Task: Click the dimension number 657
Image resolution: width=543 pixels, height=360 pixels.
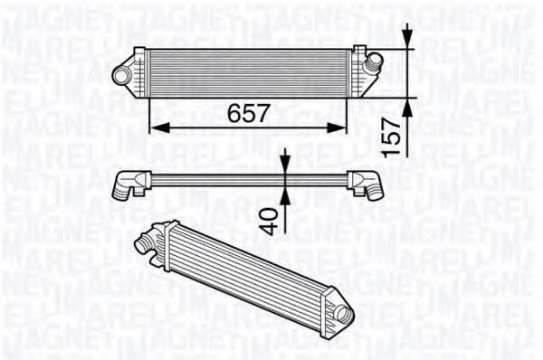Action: (x=248, y=114)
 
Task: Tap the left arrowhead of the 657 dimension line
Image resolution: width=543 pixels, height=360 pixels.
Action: (x=155, y=127)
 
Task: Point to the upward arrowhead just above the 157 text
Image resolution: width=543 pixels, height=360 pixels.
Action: (x=407, y=108)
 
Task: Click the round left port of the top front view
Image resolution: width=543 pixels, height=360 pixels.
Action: (x=119, y=73)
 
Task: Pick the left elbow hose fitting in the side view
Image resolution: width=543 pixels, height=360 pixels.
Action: (x=129, y=185)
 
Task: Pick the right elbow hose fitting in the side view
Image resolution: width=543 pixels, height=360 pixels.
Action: (x=368, y=184)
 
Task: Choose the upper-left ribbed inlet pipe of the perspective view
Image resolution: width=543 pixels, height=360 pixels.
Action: (x=147, y=241)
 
